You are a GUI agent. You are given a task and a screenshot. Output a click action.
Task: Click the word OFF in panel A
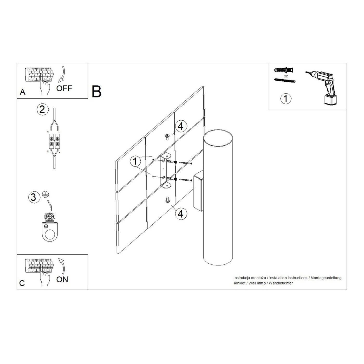64,88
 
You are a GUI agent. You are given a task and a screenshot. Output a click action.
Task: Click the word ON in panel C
62,279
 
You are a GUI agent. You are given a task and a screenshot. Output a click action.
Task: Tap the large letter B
96,92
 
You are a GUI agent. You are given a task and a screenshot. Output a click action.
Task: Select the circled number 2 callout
42,109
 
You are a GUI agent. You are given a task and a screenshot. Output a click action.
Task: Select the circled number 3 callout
34,198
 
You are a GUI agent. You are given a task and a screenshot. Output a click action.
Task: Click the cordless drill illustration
322,87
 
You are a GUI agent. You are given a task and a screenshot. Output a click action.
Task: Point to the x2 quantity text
286,76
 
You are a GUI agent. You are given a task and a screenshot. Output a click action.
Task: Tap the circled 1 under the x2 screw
286,99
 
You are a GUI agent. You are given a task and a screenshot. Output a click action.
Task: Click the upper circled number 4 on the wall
181,126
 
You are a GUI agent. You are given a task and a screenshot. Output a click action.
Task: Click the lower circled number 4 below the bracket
181,214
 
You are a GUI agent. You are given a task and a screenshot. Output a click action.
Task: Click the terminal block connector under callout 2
55,141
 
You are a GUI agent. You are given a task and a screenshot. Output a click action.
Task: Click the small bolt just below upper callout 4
167,137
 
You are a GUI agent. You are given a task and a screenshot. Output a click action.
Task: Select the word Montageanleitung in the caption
326,278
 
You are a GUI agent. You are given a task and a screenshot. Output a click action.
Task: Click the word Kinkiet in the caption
239,283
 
